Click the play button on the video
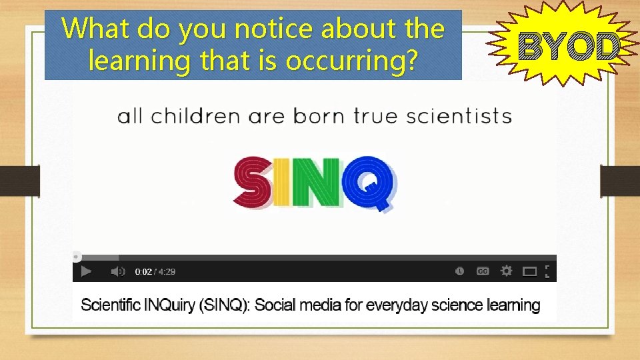(86, 271)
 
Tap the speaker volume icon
(117, 271)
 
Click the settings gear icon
(507, 271)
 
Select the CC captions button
(483, 271)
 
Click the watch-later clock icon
(460, 271)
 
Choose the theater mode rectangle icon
(529, 271)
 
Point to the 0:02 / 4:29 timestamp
(155, 272)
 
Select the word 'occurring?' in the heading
(351, 61)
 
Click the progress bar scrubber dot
(77, 256)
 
